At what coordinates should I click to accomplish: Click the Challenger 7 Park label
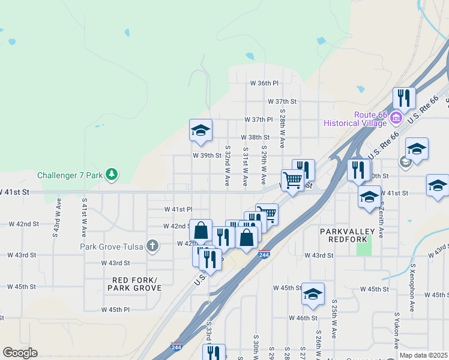point(70,176)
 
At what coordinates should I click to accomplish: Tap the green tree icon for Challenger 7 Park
point(111,175)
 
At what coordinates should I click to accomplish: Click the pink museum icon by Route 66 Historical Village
point(396,118)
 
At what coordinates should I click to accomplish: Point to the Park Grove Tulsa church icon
point(152,245)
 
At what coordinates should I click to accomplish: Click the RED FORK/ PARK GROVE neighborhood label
point(134,284)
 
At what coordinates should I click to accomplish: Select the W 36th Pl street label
point(265,83)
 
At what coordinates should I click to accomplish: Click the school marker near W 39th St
point(200,130)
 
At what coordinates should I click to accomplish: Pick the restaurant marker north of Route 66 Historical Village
point(404,98)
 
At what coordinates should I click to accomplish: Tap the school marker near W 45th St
point(313,293)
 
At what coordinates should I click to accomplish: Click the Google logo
point(20,353)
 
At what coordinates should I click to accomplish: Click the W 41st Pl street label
point(178,209)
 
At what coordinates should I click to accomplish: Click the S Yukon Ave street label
point(396,331)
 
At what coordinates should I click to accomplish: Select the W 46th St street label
point(303,317)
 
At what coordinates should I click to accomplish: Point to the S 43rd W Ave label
point(58,216)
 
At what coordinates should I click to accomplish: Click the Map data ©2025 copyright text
point(423,355)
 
